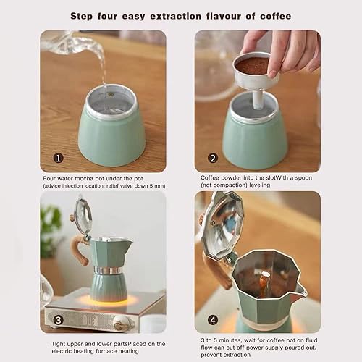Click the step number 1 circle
[x=58, y=157]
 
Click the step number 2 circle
[x=212, y=158]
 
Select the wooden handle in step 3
[x=78, y=251]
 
